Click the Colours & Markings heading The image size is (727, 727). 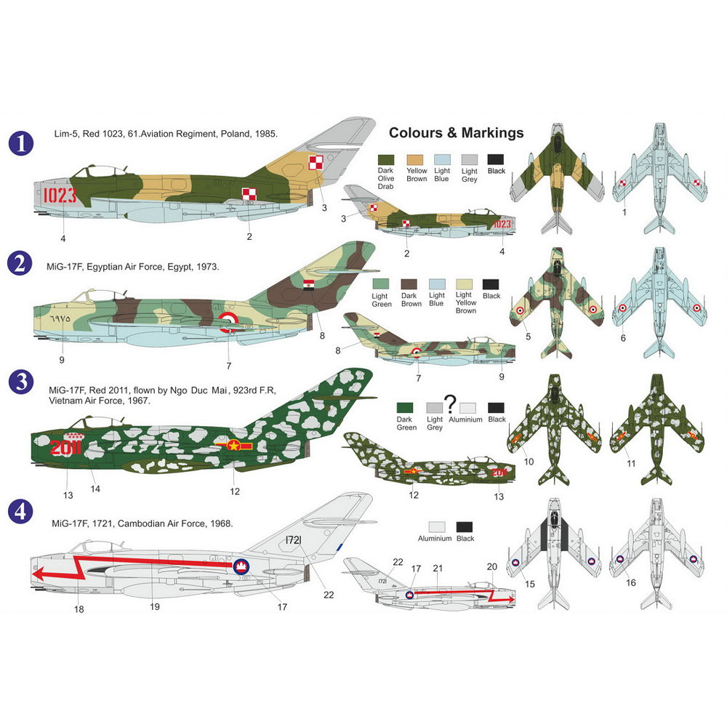(457, 133)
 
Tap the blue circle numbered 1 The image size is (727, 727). (21, 143)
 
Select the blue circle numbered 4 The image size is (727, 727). (21, 512)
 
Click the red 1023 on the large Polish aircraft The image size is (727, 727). (60, 195)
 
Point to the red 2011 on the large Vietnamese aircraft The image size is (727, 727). (65, 447)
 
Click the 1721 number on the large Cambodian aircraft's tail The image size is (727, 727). (294, 539)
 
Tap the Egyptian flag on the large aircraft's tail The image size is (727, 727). (309, 285)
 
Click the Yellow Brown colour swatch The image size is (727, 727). (415, 160)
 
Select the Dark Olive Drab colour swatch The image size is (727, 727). (386, 160)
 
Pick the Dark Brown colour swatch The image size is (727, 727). (409, 284)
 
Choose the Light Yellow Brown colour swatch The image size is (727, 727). (464, 284)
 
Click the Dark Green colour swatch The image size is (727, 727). (405, 408)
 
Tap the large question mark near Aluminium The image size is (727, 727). (450, 403)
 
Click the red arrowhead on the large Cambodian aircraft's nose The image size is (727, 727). (39, 574)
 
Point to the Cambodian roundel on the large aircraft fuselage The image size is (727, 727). (241, 566)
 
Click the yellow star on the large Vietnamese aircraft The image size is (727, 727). (233, 446)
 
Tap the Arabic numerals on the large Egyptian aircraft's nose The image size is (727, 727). (60, 319)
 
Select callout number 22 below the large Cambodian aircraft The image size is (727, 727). (329, 595)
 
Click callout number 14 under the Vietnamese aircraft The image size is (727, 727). (95, 489)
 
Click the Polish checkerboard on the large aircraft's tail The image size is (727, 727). (316, 163)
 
